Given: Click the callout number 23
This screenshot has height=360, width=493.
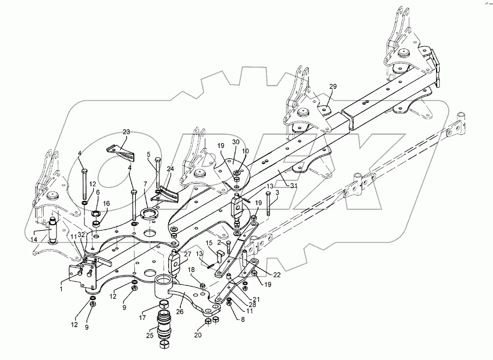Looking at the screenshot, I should pos(127,132).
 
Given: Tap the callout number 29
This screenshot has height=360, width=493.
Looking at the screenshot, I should pos(333,87).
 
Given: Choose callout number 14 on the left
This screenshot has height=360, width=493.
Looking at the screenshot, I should pos(34,239).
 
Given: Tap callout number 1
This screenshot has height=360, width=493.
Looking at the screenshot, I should pos(61,288).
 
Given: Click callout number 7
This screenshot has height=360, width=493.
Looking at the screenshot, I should pos(145,185).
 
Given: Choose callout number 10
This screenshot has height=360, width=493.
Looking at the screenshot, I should pos(245,151).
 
